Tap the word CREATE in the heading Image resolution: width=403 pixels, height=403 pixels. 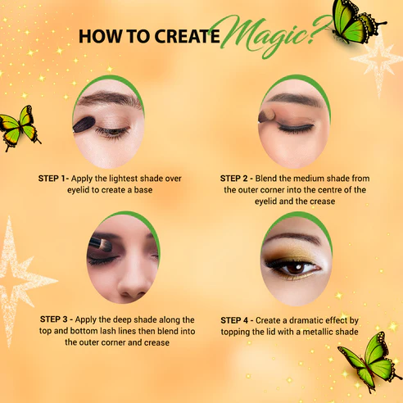188,36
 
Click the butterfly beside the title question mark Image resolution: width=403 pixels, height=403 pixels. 358,21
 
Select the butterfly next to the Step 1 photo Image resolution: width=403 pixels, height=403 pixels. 19,128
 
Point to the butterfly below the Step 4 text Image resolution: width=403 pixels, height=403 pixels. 371,361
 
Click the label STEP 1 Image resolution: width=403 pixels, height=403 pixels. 52,179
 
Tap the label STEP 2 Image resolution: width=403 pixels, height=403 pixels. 233,179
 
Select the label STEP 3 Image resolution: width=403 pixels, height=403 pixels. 53,319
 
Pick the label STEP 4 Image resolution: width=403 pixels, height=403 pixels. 234,320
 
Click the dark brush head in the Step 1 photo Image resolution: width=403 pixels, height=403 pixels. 84,125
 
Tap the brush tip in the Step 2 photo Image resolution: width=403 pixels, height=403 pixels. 267,115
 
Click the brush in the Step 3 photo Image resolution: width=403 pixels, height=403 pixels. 100,244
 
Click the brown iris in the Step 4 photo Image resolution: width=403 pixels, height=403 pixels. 294,268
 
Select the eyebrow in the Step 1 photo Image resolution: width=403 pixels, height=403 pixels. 109,98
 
